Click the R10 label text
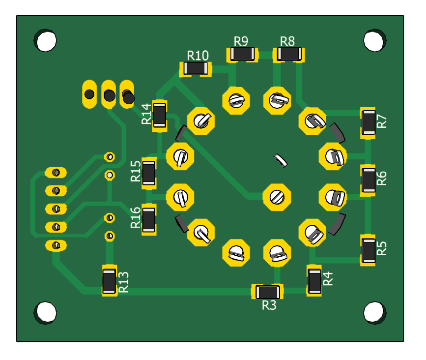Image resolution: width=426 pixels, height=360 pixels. pyautogui.click(x=198, y=55)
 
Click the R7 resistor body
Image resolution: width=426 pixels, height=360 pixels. pyautogui.click(x=369, y=122)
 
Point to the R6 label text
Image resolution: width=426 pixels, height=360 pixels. pyautogui.click(x=382, y=178)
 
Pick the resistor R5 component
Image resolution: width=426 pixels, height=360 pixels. pyautogui.click(x=368, y=251)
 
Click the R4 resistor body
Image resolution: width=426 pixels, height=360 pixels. pyautogui.click(x=314, y=280)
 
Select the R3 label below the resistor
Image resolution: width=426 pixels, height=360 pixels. pyautogui.click(x=269, y=305)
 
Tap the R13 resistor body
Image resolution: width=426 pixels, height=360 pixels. pyautogui.click(x=109, y=281)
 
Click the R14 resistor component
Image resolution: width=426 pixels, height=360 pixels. pyautogui.click(x=160, y=116)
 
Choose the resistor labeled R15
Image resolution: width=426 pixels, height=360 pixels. pyautogui.click(x=149, y=173)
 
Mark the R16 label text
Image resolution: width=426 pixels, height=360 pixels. pyautogui.click(x=136, y=217)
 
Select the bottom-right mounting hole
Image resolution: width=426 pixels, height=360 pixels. pyautogui.click(x=374, y=312)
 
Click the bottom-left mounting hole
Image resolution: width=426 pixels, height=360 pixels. pyautogui.click(x=46, y=312)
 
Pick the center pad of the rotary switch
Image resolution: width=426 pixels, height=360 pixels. pyautogui.click(x=277, y=197)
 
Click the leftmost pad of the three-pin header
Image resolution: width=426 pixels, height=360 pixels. pyautogui.click(x=89, y=94)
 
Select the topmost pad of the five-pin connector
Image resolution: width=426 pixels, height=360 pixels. pyautogui.click(x=56, y=173)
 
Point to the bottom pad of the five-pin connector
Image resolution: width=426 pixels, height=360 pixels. pyautogui.click(x=56, y=244)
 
